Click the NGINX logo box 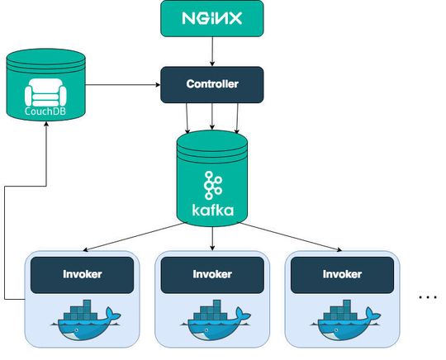pos(212,18)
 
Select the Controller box pos(212,83)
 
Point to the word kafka pos(212,210)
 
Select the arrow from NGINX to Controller pos(212,51)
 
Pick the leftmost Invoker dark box pos(83,274)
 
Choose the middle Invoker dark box pos(212,274)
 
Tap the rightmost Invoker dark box pos(342,274)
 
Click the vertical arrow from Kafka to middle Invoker pos(212,238)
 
